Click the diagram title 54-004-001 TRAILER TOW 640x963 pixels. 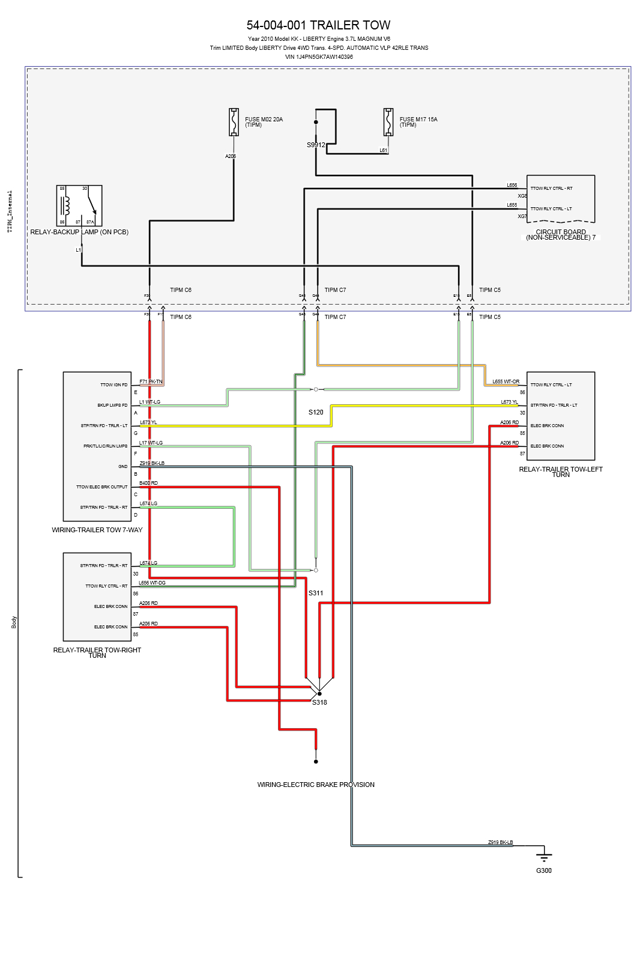pos(318,25)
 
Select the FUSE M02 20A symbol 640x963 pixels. pos(234,122)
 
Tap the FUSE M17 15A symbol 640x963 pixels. pos(388,122)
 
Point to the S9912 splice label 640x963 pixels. pos(316,145)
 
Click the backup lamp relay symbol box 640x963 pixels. pos(79,205)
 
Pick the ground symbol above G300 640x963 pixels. pos(543,856)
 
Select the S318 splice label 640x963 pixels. pos(319,702)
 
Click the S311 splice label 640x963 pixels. pos(316,593)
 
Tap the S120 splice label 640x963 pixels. pos(316,412)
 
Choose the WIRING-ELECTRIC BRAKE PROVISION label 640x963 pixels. pos(316,785)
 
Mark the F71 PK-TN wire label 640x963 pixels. pos(151,381)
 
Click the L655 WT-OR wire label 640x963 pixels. pos(506,381)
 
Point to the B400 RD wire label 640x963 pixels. pos(148,483)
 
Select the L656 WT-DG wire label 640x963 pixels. pos(152,583)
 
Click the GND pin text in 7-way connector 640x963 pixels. pos(122,467)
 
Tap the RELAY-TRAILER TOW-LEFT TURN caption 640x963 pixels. pos(561,472)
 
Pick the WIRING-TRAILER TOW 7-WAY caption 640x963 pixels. pos(97,530)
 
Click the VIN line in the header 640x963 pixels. pos(319,57)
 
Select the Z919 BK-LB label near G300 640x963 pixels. pos(500,842)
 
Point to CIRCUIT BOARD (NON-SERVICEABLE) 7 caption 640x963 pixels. pos(561,235)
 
